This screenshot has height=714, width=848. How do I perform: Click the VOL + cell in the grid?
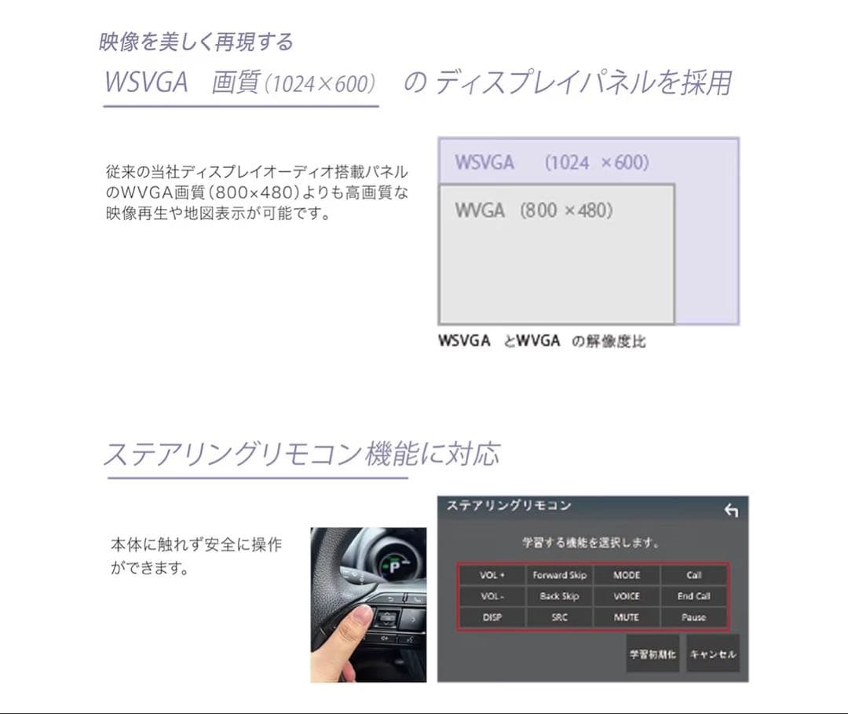[x=492, y=575]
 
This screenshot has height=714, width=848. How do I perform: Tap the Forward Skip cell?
[x=559, y=575]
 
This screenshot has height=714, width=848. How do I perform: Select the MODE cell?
[x=627, y=575]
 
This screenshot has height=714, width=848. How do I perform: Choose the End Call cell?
[x=693, y=596]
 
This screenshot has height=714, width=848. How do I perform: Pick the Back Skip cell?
[x=559, y=596]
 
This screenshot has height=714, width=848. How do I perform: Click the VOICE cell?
[x=627, y=596]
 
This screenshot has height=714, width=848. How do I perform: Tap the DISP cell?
[x=492, y=617]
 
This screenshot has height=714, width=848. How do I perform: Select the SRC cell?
[x=559, y=617]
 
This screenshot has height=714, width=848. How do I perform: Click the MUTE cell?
[x=627, y=617]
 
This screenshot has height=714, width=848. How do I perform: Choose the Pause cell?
[x=693, y=617]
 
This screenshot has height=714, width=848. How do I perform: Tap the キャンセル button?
[x=713, y=654]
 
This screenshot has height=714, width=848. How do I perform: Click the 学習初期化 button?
[x=652, y=654]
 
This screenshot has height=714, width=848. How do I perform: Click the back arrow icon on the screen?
[x=731, y=511]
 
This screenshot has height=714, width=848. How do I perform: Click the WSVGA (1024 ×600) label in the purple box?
[x=551, y=163]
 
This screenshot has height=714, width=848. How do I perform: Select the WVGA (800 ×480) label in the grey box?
[x=533, y=211]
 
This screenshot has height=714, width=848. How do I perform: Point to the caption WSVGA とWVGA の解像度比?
[x=542, y=341]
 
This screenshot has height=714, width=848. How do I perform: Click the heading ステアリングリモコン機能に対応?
[x=302, y=454]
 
